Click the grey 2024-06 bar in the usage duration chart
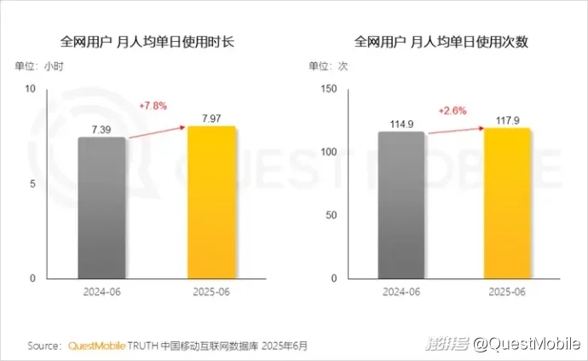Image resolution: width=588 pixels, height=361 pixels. [x=101, y=207]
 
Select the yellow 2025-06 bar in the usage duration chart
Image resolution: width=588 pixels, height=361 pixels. [x=211, y=202]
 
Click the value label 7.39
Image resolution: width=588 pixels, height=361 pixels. [x=101, y=129]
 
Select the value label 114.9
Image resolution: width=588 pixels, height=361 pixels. [x=401, y=123]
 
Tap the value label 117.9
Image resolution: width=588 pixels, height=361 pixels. [x=507, y=119]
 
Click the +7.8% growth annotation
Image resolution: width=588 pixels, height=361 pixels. [x=153, y=106]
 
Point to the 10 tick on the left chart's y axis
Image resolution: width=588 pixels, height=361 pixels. [x=30, y=89]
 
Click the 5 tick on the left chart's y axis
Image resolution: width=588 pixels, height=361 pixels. [x=32, y=183]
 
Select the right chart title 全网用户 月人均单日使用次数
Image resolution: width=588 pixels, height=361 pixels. [x=441, y=41]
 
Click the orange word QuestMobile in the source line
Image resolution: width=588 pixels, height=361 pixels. [x=95, y=346]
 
